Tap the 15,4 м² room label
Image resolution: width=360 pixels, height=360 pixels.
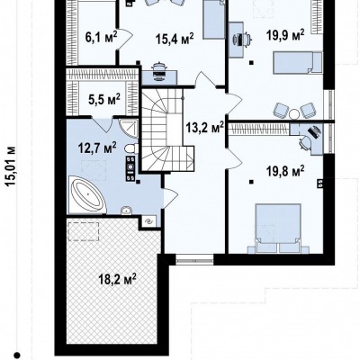click(x=175, y=39)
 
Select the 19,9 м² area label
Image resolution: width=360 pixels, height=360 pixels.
click(x=285, y=35)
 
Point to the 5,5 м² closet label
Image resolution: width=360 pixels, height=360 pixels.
click(x=104, y=99)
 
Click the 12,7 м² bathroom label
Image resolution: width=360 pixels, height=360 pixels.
click(x=97, y=148)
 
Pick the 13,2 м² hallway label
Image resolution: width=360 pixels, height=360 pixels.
click(x=205, y=128)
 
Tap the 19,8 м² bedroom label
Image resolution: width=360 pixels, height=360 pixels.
click(x=285, y=171)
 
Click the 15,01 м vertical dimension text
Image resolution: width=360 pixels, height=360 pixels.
click(x=11, y=166)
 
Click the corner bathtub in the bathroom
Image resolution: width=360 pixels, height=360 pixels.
click(x=88, y=194)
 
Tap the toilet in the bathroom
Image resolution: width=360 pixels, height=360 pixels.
click(x=131, y=148)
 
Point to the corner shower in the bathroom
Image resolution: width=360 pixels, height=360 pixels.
click(x=129, y=128)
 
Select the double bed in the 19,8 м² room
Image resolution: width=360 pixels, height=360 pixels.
click(x=278, y=224)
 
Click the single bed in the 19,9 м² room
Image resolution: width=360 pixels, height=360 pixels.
click(x=297, y=62)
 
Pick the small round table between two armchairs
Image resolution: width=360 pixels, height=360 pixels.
click(x=294, y=113)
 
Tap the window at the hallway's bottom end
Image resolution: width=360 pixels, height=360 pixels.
click(x=194, y=258)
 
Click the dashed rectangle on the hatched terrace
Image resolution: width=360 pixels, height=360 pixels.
click(x=83, y=231)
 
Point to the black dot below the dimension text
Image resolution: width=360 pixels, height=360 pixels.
click(x=18, y=355)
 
